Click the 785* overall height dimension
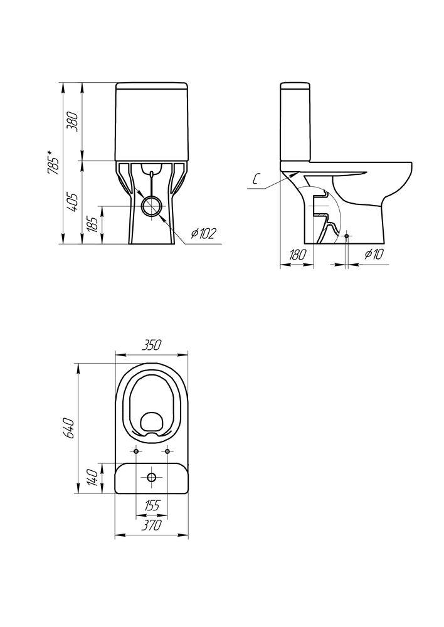click(x=53, y=163)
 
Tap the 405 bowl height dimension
click(x=73, y=202)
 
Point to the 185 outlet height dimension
click(x=93, y=225)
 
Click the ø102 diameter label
click(x=203, y=233)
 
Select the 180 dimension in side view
click(x=297, y=255)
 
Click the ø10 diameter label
click(x=374, y=254)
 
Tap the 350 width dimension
click(x=152, y=344)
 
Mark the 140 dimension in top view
click(x=93, y=476)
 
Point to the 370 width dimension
click(x=152, y=525)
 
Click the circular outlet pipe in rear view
click(x=152, y=206)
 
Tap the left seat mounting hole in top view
click(x=136, y=451)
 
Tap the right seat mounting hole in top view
click(x=167, y=451)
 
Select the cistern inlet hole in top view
click(x=152, y=477)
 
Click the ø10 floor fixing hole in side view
click(x=346, y=236)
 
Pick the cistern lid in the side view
click(x=295, y=86)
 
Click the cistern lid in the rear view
click(x=152, y=86)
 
